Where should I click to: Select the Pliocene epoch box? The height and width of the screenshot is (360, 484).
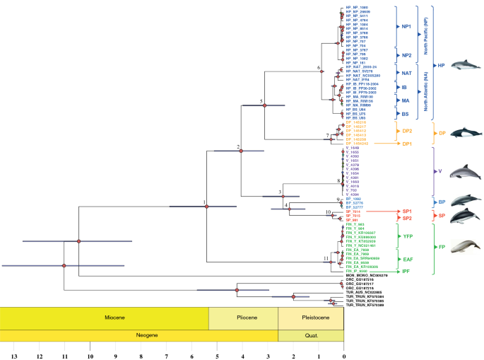(x=243, y=318)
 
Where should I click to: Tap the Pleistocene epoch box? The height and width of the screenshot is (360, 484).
(x=311, y=318)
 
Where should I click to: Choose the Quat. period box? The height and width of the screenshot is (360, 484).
(x=311, y=336)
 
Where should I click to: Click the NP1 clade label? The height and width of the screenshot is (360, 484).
(x=407, y=26)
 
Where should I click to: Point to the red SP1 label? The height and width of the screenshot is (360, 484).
(x=408, y=211)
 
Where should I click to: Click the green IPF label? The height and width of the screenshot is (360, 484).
(x=408, y=271)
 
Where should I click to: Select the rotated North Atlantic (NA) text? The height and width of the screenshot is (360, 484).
(x=426, y=90)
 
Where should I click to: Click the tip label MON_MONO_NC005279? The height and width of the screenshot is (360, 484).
(x=366, y=275)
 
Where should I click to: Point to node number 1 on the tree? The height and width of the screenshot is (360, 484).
(x=205, y=202)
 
